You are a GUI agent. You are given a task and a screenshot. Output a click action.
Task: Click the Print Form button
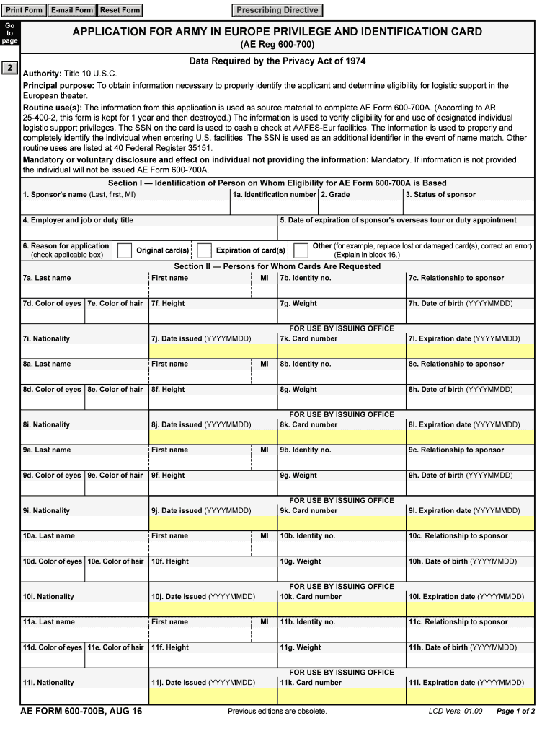point(24,10)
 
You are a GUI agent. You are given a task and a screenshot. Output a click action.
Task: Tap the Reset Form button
point(120,10)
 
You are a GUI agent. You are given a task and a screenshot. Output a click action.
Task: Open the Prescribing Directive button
point(277,10)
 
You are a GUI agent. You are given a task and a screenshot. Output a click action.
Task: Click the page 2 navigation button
point(9,69)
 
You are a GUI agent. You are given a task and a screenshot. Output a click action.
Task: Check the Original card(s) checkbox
point(125,250)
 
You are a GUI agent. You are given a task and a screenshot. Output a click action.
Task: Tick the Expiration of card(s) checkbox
point(204,250)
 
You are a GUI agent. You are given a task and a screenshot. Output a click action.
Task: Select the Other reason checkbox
point(301,250)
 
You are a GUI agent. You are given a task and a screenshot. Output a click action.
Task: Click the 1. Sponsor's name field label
point(79,195)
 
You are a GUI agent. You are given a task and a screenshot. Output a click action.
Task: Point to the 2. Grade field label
point(335,195)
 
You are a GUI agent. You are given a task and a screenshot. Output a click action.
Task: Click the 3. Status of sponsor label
point(440,195)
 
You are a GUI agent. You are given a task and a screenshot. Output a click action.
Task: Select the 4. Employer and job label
point(78,220)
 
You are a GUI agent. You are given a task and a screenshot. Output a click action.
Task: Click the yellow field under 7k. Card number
point(342,351)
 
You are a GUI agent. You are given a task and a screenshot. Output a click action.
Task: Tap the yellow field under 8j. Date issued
point(213,437)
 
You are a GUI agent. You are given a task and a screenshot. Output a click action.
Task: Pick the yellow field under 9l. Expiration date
point(470,523)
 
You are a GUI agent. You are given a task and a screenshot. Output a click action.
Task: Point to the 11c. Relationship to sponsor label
point(458,622)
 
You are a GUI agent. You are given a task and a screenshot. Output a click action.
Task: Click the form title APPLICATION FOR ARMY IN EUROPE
point(277,32)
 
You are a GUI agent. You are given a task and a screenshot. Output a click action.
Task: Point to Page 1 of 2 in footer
point(515,712)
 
